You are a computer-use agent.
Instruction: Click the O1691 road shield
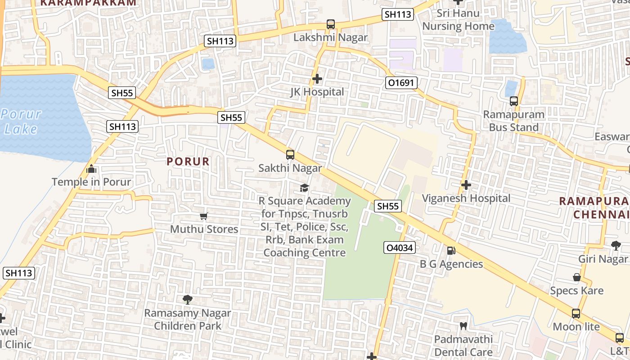401,83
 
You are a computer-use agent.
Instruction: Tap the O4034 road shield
399,247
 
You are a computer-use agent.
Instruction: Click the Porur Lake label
21,121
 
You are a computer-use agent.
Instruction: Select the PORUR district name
188,162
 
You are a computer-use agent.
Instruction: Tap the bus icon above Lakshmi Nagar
331,24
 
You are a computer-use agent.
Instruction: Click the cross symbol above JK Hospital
317,79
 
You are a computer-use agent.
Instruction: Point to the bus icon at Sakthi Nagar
290,155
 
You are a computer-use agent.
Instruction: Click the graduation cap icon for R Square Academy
305,188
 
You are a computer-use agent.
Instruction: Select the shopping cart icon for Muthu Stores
204,216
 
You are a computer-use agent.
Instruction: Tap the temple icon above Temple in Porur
91,169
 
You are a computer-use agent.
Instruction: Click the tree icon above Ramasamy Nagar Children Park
187,299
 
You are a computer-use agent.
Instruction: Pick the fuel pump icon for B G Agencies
451,251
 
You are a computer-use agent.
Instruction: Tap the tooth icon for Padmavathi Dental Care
463,326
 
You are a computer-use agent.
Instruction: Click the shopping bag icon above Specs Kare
576,277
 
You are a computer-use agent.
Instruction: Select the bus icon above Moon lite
576,313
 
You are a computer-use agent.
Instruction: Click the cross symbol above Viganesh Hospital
466,185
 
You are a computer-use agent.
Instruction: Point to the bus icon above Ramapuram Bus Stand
514,101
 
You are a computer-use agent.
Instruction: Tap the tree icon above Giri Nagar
616,245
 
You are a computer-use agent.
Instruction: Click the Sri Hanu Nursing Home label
458,20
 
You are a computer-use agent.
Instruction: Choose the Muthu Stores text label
204,229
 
